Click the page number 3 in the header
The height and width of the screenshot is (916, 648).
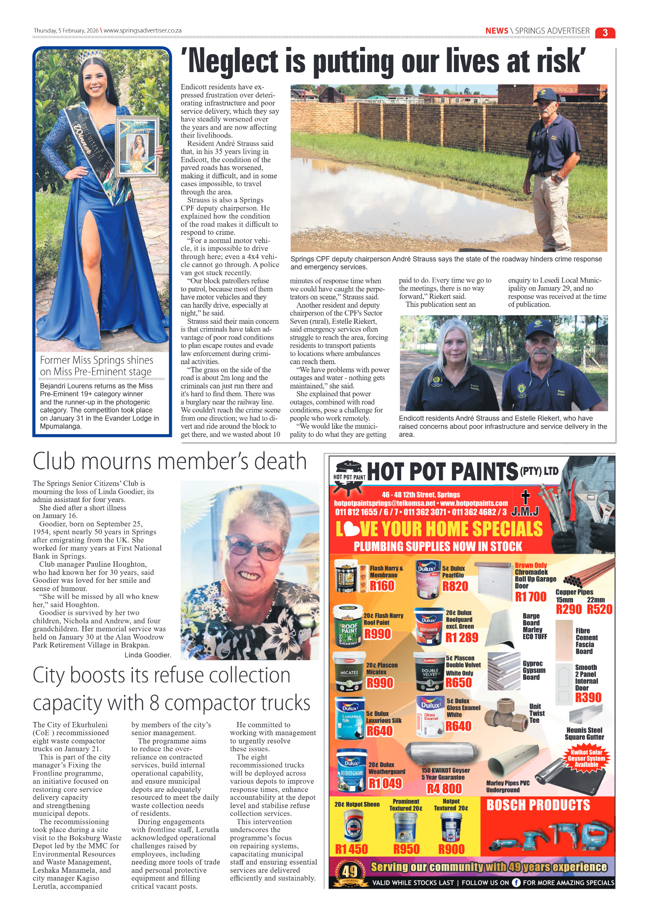pos(605,33)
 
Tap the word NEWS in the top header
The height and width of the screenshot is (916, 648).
pos(496,31)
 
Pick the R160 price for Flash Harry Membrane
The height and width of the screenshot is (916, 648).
pos(382,585)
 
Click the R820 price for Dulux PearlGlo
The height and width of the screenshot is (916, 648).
pos(455,586)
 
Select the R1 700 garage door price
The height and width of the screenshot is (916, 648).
pos(531,596)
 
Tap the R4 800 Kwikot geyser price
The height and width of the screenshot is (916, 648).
pos(444,788)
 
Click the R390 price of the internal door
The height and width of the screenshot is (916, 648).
pos(588,697)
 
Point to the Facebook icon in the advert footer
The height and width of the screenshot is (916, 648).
pos(516,882)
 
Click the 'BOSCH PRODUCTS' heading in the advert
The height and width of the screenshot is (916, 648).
pos(538,805)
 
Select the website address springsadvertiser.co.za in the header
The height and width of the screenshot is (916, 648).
pos(143,30)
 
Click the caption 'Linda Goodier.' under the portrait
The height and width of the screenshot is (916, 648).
pos(148,655)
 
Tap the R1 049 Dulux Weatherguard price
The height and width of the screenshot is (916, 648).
pos(385,783)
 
